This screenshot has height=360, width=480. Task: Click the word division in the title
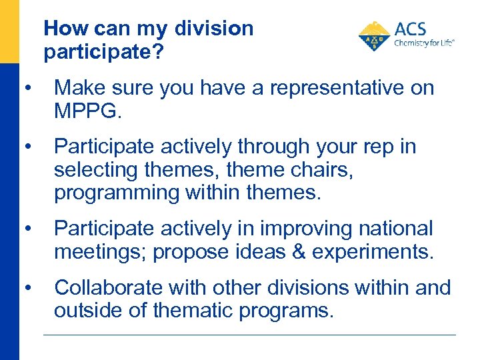[x=214, y=29]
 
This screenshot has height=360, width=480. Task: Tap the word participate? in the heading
[x=103, y=52]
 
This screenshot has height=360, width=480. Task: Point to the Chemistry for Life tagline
[x=424, y=43]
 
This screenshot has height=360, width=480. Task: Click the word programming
[x=117, y=193]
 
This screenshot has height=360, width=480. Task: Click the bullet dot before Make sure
[x=25, y=89]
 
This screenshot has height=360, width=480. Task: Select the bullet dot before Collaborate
[x=25, y=288]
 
